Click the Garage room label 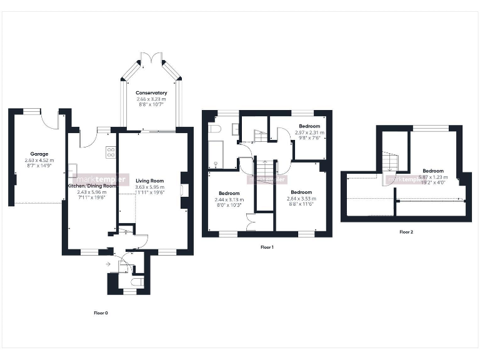39,154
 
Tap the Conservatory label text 151,92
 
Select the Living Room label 150,181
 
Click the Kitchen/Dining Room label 92,186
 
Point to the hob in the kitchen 110,151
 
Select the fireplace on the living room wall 182,190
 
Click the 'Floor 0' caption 101,312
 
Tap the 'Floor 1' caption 267,247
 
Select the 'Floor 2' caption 406,232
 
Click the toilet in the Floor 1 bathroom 216,129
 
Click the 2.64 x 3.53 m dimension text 301,198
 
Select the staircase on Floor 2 391,162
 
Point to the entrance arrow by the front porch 109,264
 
